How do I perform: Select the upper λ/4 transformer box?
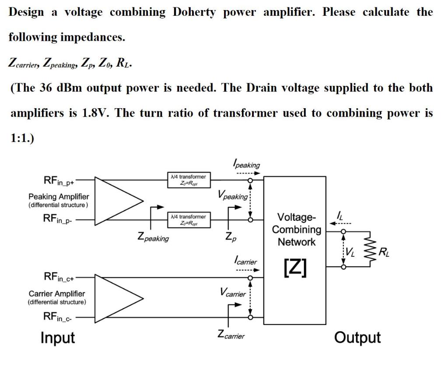pyautogui.click(x=188, y=180)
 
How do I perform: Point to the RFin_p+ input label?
pyautogui.click(x=59, y=180)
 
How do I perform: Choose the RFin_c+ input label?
pyautogui.click(x=60, y=277)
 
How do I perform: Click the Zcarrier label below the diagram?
pyautogui.click(x=231, y=335)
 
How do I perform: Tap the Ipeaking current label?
pyautogui.click(x=246, y=165)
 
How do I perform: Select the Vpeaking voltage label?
pyautogui.click(x=232, y=195)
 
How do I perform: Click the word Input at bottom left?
pyautogui.click(x=57, y=338)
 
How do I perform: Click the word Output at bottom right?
pyautogui.click(x=357, y=338)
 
